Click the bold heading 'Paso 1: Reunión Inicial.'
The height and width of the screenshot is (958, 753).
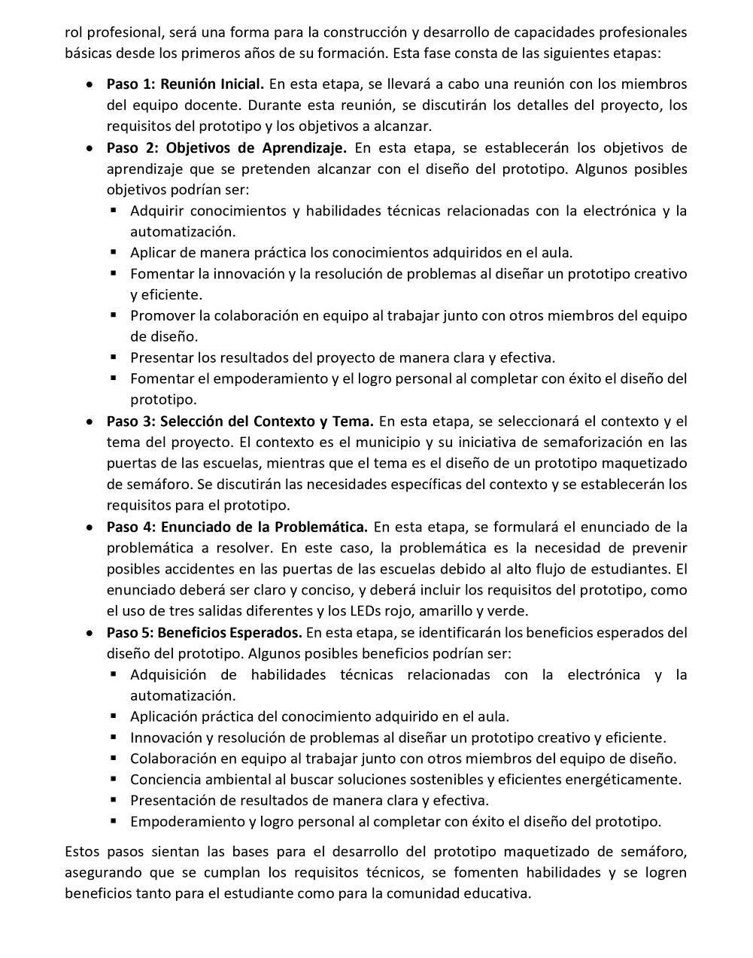[x=185, y=84]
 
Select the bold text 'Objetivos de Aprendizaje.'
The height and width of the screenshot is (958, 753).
[x=256, y=148]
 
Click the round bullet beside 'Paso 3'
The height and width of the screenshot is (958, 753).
[x=90, y=421]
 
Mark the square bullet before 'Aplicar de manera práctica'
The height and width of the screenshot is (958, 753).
[x=114, y=253]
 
